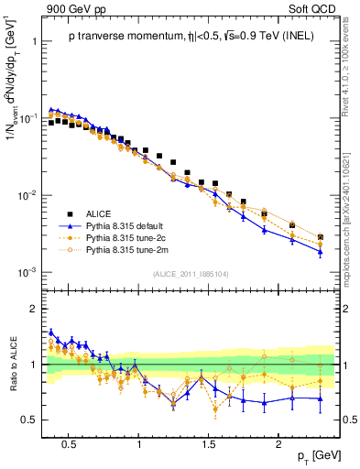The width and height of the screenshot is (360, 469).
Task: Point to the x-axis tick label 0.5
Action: click(68, 444)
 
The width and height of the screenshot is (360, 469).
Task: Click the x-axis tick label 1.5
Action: click(209, 444)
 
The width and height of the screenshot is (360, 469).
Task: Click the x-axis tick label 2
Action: click(278, 444)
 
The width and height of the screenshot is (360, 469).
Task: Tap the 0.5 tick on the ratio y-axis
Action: click(29, 420)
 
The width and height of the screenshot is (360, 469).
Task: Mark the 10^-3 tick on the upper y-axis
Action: click(27, 272)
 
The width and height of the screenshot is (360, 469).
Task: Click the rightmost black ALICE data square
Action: click(320, 237)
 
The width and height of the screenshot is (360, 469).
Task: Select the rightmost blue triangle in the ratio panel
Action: click(320, 398)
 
